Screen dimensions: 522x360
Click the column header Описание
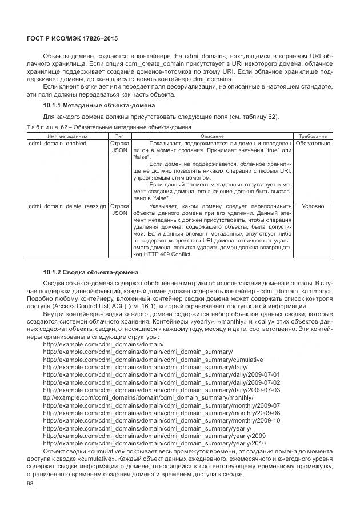pyautogui.click(x=212, y=136)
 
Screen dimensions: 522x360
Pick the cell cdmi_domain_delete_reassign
pyautogui.click(x=67, y=205)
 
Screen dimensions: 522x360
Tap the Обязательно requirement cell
pyautogui.click(x=313, y=144)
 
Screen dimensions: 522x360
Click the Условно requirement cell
pyautogui.click(x=313, y=205)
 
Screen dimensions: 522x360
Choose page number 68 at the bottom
pyautogui.click(x=31, y=483)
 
